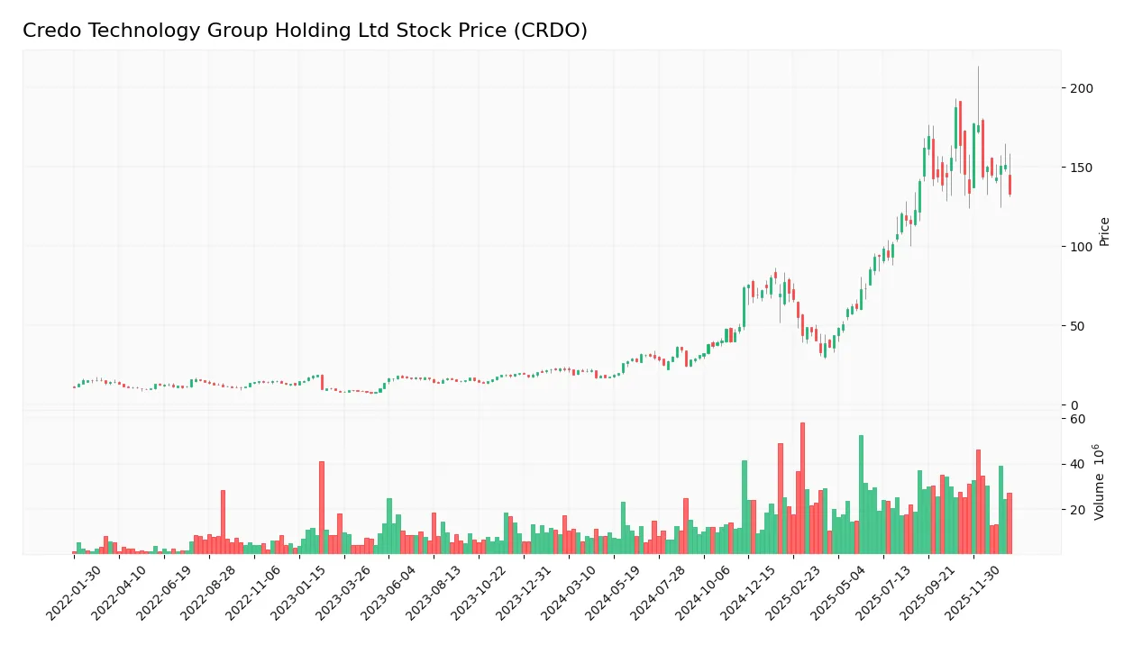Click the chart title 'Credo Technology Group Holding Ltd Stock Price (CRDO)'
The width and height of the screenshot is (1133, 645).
[305, 31]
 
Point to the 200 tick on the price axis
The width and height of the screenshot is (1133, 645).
[1082, 88]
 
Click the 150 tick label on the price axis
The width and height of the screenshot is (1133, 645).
[1082, 168]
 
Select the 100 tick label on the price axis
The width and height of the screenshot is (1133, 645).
[1082, 247]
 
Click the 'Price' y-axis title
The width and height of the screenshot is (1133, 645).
[1105, 232]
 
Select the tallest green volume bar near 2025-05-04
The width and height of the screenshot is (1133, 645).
[861, 495]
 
